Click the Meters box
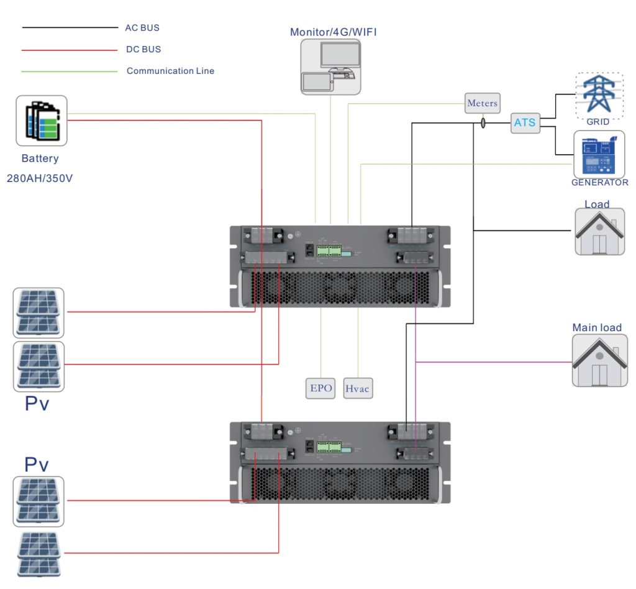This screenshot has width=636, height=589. coord(482,103)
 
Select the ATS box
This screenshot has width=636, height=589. coord(525,122)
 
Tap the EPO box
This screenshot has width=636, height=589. coord(321,388)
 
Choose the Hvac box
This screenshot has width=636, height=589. coord(357,388)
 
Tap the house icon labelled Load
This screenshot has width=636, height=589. coord(599,231)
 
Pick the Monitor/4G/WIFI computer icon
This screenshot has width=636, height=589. coord(330,66)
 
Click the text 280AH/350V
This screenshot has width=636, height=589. coord(40,178)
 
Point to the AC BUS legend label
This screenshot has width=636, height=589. coord(142,28)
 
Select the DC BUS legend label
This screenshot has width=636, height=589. coord(143,49)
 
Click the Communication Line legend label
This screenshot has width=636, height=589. coord(170,71)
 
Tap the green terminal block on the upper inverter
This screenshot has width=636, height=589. coord(329,250)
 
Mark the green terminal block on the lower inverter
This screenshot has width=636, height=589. coord(329,447)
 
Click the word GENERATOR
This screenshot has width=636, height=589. coord(599,183)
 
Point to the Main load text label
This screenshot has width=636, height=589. coord(596,327)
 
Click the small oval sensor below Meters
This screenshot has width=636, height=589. coord(483,124)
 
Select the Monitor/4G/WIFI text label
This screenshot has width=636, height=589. coord(333,32)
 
